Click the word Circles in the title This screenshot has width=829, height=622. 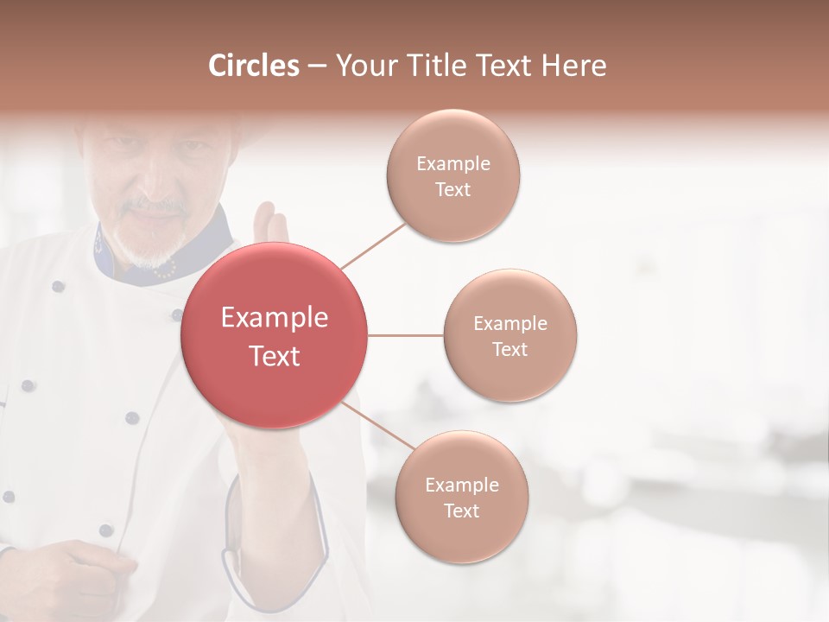click(x=254, y=66)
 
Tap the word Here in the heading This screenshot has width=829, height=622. click(x=573, y=66)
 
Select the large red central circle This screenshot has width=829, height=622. click(x=274, y=335)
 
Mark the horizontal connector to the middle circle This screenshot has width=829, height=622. click(x=405, y=335)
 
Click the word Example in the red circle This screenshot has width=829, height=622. click(x=274, y=318)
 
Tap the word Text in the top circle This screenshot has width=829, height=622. click(x=453, y=190)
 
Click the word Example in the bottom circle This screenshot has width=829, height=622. click(x=462, y=486)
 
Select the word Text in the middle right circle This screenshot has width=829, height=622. click(x=510, y=350)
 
